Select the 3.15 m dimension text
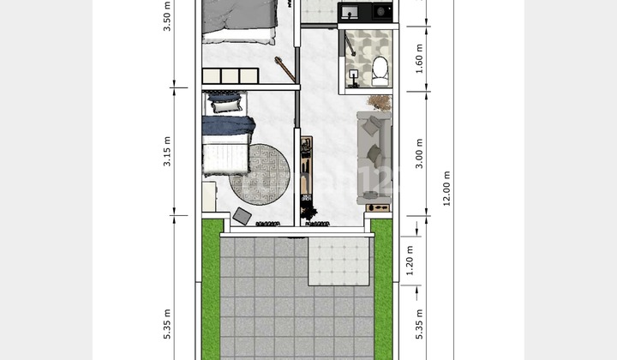pyautogui.click(x=168, y=150)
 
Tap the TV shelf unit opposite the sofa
pyautogui.click(x=306, y=167)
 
